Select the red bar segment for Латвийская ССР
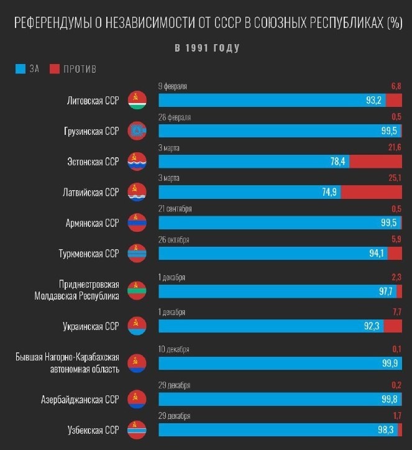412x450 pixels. (x=371, y=192)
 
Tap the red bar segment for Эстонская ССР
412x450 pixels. (x=375, y=162)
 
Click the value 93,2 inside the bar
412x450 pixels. (x=373, y=100)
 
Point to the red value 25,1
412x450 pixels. (x=395, y=178)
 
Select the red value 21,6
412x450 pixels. (x=395, y=147)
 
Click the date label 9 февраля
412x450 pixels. (x=173, y=86)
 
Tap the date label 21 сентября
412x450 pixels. (x=175, y=209)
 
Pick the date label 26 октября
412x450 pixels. (x=174, y=239)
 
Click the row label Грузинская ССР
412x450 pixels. (x=91, y=131)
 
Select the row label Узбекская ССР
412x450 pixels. (x=93, y=429)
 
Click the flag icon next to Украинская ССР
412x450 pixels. (x=136, y=325)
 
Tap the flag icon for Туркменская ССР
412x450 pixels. (x=136, y=253)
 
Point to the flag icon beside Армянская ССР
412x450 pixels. (x=136, y=223)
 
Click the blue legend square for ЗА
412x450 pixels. (x=19, y=69)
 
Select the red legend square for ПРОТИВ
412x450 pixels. (x=53, y=69)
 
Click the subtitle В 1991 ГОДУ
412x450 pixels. (x=206, y=48)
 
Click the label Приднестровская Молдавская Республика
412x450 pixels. (x=76, y=290)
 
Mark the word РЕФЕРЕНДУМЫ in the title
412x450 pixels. (x=52, y=24)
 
